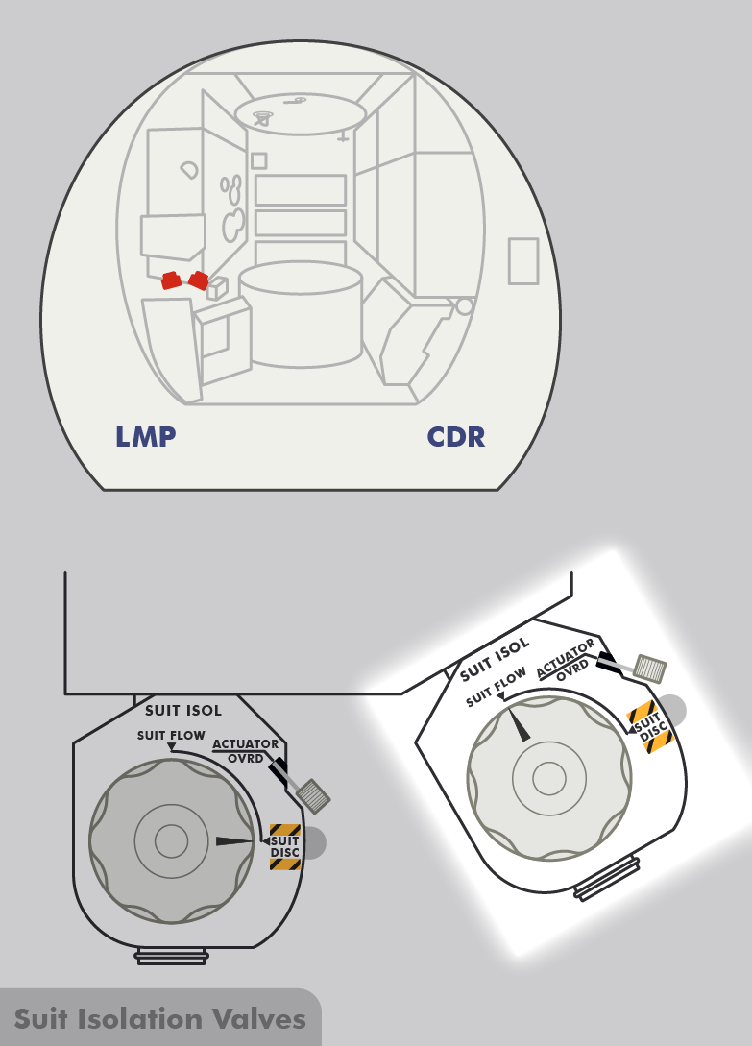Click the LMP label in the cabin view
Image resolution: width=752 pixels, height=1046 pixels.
tap(145, 437)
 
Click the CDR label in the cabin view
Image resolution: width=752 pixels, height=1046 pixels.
tap(456, 437)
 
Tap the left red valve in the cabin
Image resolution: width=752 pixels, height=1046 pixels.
tap(171, 280)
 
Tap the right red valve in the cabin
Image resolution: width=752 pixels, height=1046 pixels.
tap(199, 280)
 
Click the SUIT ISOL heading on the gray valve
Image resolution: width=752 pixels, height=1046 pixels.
tap(182, 711)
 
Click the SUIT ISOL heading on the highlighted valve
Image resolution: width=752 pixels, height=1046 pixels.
tap(494, 652)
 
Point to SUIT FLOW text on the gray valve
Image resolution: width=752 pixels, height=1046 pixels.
tap(171, 736)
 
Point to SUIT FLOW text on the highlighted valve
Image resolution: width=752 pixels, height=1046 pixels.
tap(496, 688)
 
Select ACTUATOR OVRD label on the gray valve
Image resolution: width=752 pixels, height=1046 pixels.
tap(246, 750)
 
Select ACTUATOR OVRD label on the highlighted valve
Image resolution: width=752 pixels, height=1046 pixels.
tap(568, 658)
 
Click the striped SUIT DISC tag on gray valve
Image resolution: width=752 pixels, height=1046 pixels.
tap(285, 847)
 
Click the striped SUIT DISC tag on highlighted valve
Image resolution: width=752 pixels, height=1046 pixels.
tap(649, 727)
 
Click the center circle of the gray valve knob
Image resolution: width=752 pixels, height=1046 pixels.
tap(171, 842)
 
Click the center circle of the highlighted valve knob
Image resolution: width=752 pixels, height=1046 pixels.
tap(549, 777)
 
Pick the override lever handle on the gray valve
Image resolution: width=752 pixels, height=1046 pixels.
tap(313, 795)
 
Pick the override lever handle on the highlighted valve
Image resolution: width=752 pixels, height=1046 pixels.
tap(651, 669)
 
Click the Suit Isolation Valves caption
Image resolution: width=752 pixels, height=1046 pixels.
tap(159, 1018)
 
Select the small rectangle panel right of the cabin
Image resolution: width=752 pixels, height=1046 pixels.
tap(523, 261)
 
